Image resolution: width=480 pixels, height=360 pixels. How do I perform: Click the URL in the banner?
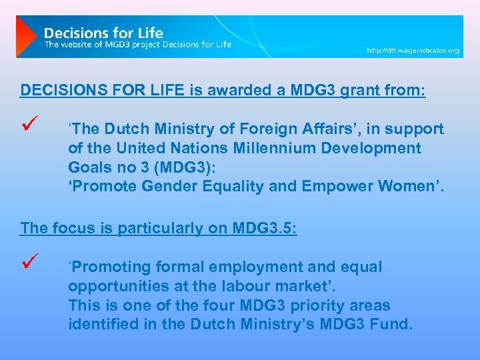tap(413, 51)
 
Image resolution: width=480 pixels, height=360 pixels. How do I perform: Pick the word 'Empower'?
tap(330, 187)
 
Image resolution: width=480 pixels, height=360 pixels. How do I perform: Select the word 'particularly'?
tap(157, 228)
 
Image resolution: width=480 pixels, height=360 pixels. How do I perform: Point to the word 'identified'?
tap(101, 325)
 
